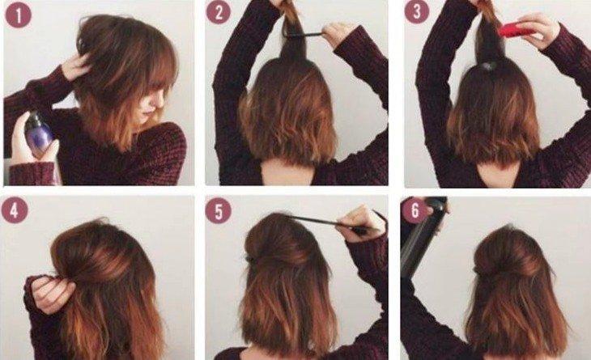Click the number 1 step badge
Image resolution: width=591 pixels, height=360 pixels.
[18, 15]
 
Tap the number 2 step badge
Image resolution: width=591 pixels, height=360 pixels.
[219, 12]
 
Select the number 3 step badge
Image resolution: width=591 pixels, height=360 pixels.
[417, 11]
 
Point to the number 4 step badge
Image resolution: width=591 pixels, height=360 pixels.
[15, 210]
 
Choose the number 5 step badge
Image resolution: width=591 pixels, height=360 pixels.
[219, 210]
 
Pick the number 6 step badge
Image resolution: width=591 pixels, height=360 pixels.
[415, 210]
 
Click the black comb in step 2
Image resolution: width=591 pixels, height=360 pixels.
[304, 35]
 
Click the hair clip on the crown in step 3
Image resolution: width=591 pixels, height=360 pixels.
[489, 66]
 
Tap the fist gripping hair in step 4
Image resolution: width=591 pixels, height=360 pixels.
[49, 294]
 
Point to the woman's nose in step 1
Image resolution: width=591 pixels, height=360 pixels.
[160, 100]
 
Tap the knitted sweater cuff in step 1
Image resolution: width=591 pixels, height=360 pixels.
[32, 173]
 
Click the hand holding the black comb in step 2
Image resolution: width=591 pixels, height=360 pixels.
[338, 34]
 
